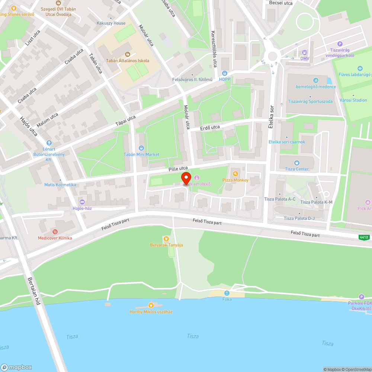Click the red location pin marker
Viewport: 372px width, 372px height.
tap(186, 178)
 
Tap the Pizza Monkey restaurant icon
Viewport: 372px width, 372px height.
tap(235, 173)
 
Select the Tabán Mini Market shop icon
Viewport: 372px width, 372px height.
tap(141, 148)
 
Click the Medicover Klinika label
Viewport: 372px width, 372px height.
tap(55, 238)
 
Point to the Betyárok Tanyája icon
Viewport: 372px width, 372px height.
tap(166, 238)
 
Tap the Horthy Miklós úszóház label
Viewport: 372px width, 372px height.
tap(151, 312)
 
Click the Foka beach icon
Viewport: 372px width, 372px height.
tap(227, 293)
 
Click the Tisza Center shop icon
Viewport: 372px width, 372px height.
tap(296, 163)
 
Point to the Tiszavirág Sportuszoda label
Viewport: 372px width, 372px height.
tap(310, 102)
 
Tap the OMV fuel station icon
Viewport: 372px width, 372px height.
tap(305, 52)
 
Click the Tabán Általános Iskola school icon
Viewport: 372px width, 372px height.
tap(128, 54)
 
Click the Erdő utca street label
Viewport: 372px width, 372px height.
tap(210, 127)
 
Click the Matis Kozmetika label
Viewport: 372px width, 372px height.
tap(60, 185)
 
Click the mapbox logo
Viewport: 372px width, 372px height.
tap(16, 367)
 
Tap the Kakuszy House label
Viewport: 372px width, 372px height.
tap(111, 23)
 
